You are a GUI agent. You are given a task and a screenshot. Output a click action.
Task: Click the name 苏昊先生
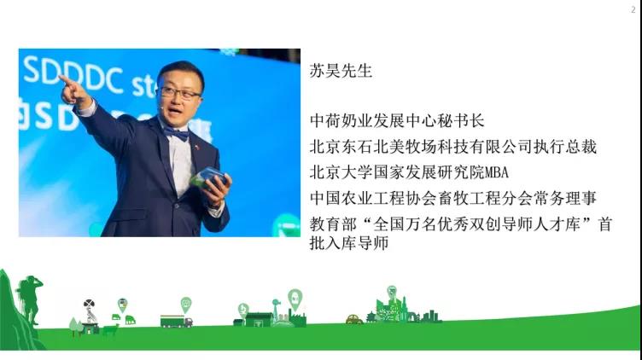(341, 71)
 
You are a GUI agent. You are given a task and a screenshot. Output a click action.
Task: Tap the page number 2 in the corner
(633, 10)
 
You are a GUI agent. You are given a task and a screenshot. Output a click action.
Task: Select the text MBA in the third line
(497, 172)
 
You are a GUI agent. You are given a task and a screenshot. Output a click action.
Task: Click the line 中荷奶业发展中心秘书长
(397, 120)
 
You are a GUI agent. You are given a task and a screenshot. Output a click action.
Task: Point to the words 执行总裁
(565, 147)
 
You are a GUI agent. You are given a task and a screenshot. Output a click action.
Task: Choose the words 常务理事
(565, 198)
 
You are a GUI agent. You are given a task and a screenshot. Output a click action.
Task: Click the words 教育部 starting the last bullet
(333, 224)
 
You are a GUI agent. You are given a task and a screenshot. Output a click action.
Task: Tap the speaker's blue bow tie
(176, 132)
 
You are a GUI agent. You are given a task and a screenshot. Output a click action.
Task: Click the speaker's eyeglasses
(179, 94)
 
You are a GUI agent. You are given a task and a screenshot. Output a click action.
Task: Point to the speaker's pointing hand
(73, 90)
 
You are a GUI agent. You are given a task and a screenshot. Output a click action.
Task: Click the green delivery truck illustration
(176, 321)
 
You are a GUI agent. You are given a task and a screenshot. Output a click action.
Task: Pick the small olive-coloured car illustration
(354, 319)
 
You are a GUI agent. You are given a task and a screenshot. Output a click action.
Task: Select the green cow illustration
(110, 329)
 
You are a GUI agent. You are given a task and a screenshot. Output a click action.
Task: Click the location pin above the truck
(186, 305)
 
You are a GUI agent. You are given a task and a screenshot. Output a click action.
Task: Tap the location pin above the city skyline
(392, 292)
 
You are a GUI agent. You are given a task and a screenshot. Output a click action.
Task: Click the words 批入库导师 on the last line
(349, 243)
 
